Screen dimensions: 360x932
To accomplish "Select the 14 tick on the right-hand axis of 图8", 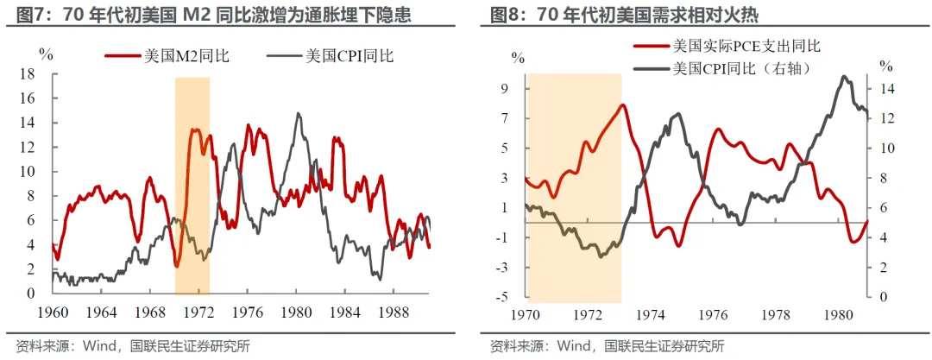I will tap(886, 88).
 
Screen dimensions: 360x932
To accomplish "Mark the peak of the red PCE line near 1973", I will tap(622, 105).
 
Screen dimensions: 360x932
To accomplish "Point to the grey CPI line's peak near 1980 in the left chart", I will tap(298, 113).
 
